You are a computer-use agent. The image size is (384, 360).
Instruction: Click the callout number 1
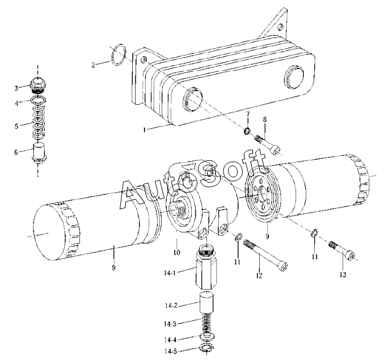pos(145,130)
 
